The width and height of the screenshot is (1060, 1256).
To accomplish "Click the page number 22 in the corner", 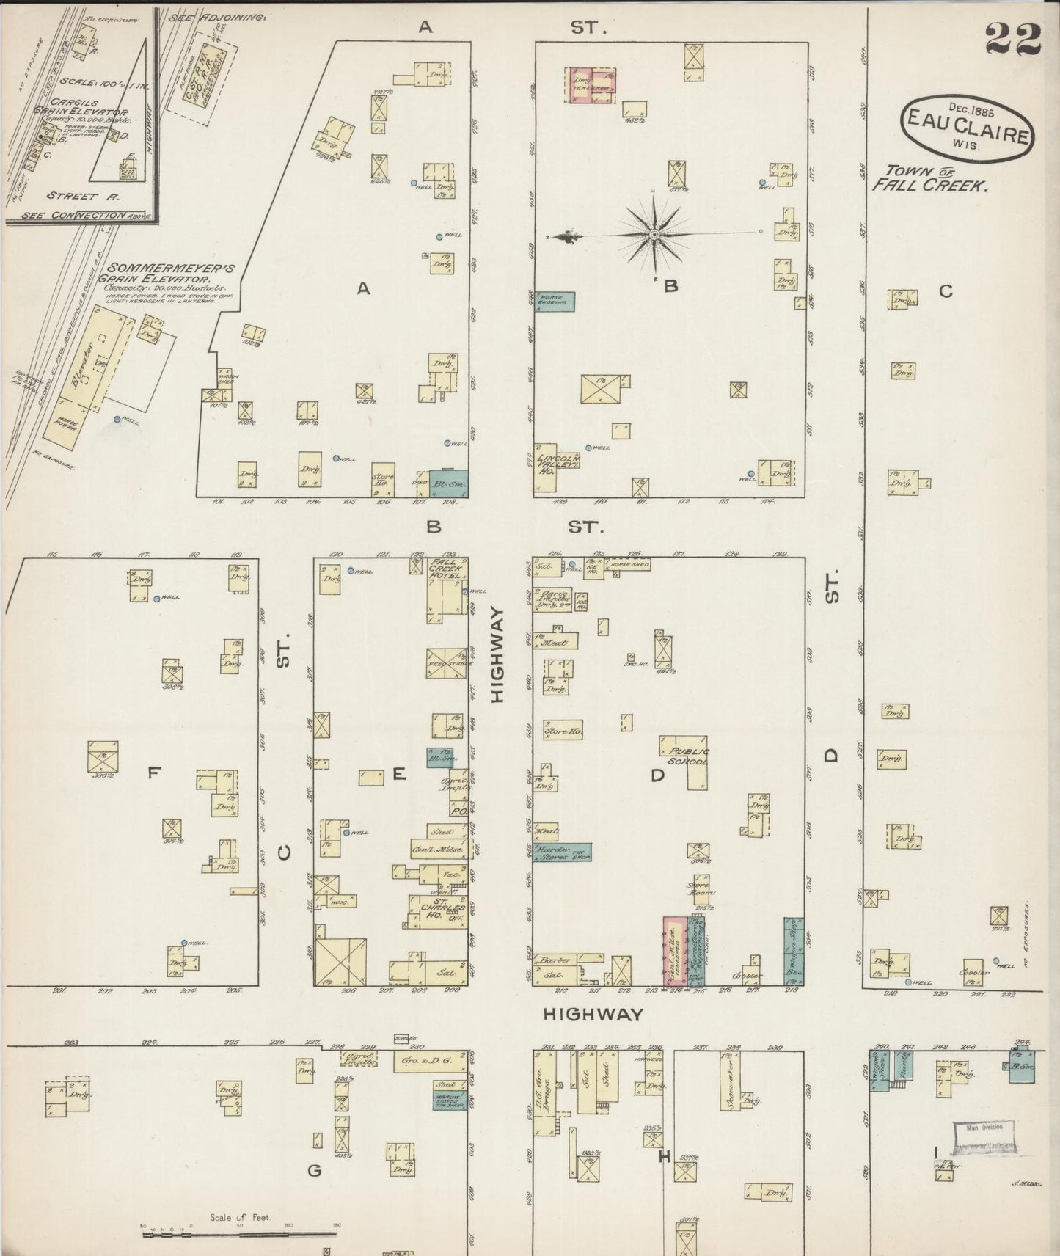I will click(1013, 38).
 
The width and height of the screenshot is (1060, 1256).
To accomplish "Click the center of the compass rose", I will click(653, 234).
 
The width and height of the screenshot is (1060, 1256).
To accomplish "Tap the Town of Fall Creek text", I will click(928, 178).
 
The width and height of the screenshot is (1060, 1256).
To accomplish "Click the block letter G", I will click(314, 1170).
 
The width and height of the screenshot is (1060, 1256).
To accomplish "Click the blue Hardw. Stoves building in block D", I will click(561, 851).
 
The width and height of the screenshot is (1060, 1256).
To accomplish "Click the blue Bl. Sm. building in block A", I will click(447, 482).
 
